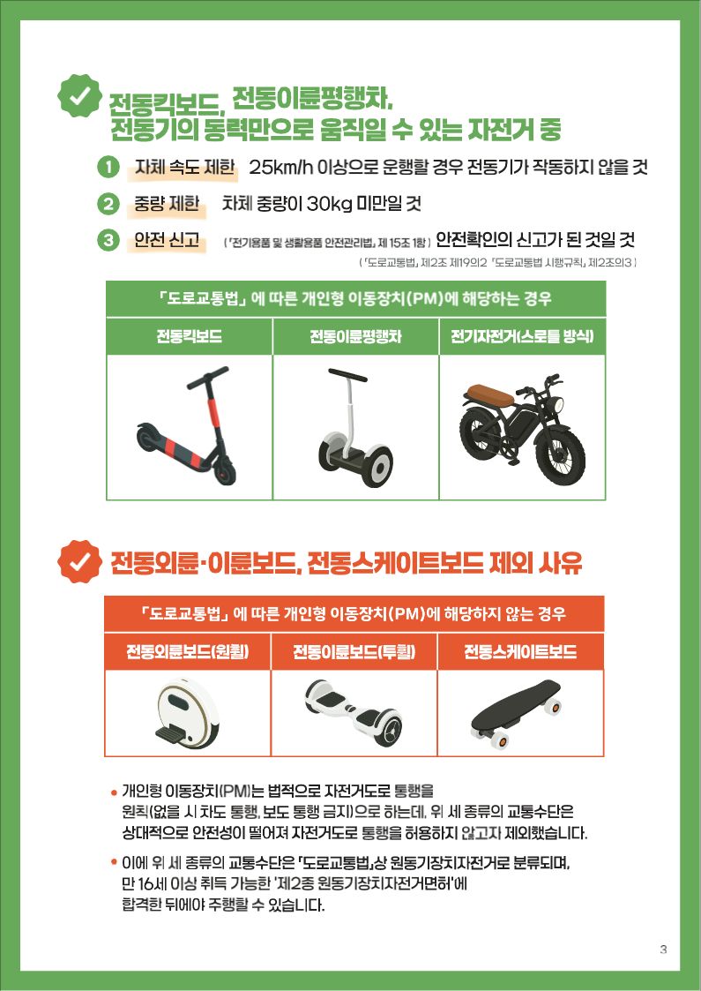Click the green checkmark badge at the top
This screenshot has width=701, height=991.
click(x=79, y=95)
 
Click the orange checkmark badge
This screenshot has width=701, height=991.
click(x=79, y=562)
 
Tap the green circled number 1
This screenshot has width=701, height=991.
click(x=108, y=168)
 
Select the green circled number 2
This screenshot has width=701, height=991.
click(x=108, y=204)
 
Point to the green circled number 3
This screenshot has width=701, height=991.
click(x=108, y=240)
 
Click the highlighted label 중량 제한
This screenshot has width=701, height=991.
click(x=167, y=204)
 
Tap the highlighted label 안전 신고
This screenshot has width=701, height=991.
click(x=167, y=239)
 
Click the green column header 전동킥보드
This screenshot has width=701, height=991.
click(x=190, y=335)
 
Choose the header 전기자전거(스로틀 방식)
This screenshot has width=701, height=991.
click(x=522, y=335)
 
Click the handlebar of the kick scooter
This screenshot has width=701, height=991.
click(x=208, y=376)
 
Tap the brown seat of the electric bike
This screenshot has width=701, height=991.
click(x=489, y=395)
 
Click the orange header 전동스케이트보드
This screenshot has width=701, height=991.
click(x=520, y=651)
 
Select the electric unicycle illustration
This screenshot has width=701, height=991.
click(x=188, y=714)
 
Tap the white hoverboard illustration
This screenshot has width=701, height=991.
click(x=354, y=711)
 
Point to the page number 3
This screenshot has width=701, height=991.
click(x=663, y=949)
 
